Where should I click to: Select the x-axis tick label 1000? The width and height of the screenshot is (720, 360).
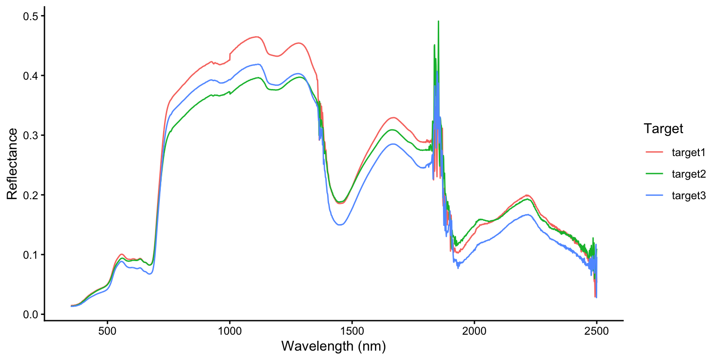click(x=230, y=330)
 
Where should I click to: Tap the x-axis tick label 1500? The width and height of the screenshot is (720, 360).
click(x=352, y=330)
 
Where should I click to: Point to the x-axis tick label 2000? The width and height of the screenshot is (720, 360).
click(x=474, y=330)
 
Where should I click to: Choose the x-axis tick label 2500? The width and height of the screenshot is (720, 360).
click(x=596, y=330)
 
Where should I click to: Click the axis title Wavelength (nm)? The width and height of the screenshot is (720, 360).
click(x=333, y=346)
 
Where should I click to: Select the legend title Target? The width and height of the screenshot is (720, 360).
click(x=663, y=128)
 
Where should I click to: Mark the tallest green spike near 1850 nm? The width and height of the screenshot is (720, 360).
click(x=438, y=22)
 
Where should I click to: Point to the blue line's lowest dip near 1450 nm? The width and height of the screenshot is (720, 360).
click(x=340, y=225)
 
